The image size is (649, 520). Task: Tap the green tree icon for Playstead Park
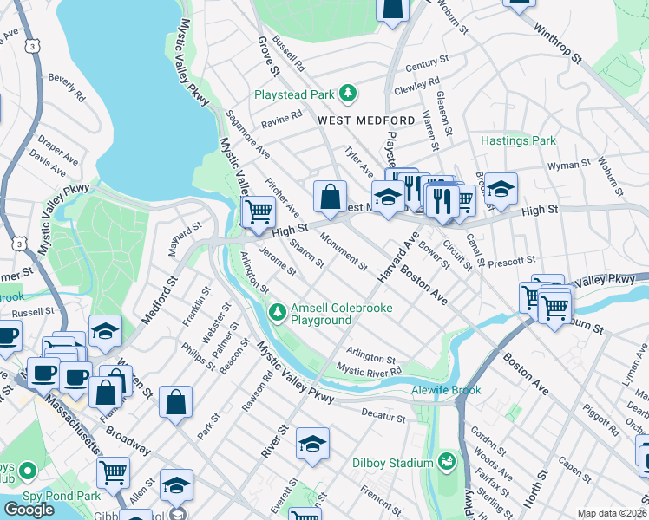pos(347,93)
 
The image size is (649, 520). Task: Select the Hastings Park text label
pos(518,140)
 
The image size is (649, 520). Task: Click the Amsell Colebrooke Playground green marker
pos(277,310)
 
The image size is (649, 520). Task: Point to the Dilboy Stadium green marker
pos(448,459)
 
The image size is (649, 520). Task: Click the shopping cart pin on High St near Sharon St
pos(259,211)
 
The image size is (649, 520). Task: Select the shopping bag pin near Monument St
pos(331,197)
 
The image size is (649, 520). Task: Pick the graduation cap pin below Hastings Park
pos(501,188)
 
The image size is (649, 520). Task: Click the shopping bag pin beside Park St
pos(175,402)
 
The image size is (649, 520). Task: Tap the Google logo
pos(29,510)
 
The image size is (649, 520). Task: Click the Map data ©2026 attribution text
pos(612,513)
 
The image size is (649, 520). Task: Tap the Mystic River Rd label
pos(369,371)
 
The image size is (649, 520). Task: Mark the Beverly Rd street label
pos(66,88)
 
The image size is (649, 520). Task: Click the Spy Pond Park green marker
pos(27,471)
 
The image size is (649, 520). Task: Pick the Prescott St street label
pos(511,260)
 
